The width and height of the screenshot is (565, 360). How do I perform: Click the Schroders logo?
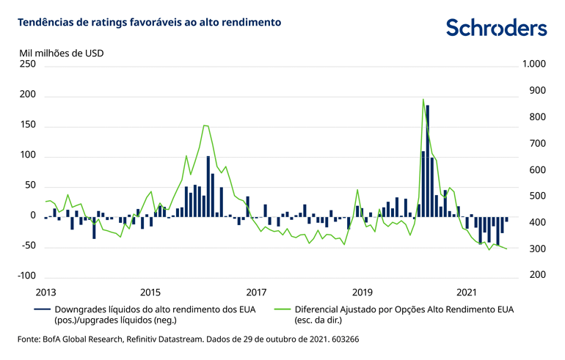(496, 27)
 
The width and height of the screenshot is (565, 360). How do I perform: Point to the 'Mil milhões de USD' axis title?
(61, 53)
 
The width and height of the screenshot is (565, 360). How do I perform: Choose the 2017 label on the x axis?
(256, 291)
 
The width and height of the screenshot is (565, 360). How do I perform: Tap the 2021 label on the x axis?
(467, 291)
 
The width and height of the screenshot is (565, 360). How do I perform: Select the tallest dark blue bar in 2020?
(427, 161)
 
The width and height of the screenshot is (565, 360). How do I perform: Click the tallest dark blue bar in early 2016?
(208, 186)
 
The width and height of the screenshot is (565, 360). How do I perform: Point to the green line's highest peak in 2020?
(423, 100)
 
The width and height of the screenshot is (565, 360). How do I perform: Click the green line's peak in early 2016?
(205, 125)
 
